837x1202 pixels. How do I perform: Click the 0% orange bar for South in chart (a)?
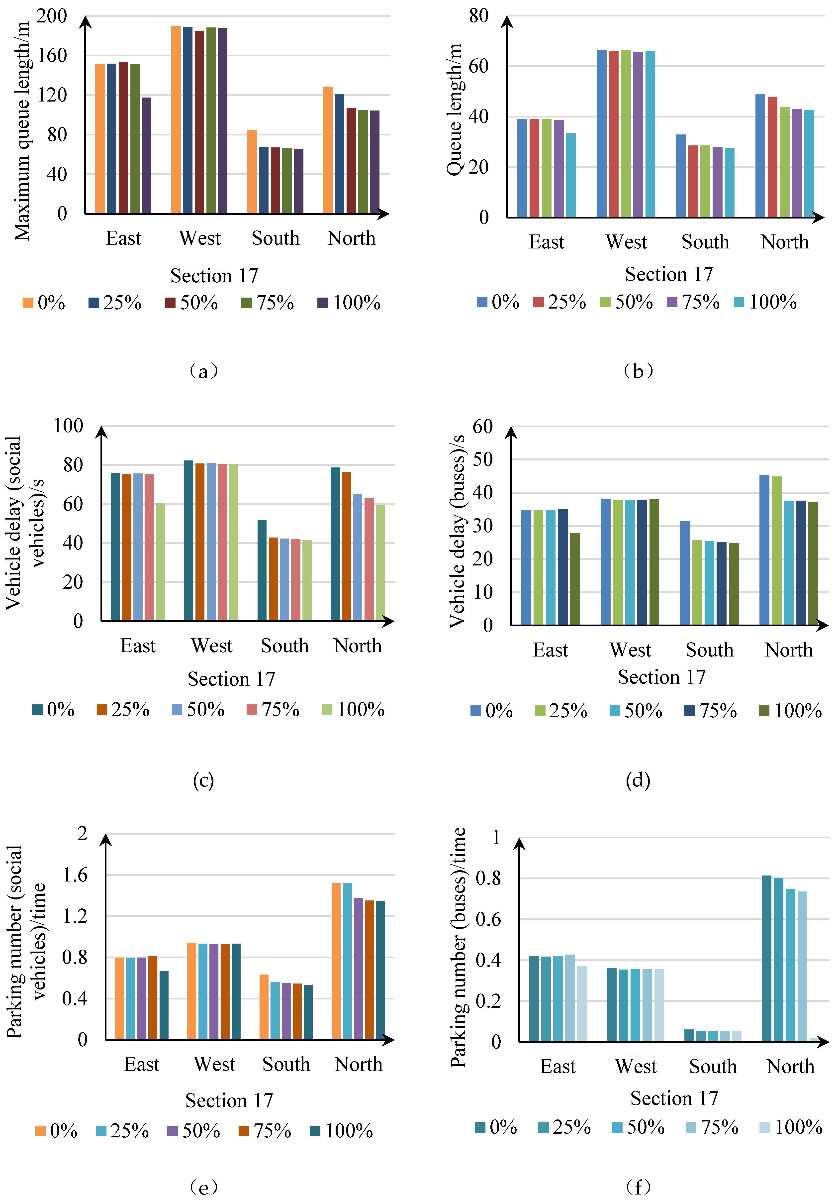click(x=252, y=172)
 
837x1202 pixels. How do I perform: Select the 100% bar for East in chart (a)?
click(x=147, y=155)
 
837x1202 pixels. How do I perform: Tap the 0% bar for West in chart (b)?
click(x=601, y=133)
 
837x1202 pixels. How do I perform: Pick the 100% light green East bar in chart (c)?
click(x=160, y=562)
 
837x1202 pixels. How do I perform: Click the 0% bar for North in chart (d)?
click(x=764, y=550)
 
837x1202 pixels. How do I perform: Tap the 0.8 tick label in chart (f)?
click(x=488, y=878)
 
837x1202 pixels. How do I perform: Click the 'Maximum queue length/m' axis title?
click(x=22, y=131)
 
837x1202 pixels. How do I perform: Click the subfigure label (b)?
click(x=638, y=371)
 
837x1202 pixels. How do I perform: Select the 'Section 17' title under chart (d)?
click(x=662, y=677)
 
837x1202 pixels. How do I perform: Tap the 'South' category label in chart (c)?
click(x=285, y=646)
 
